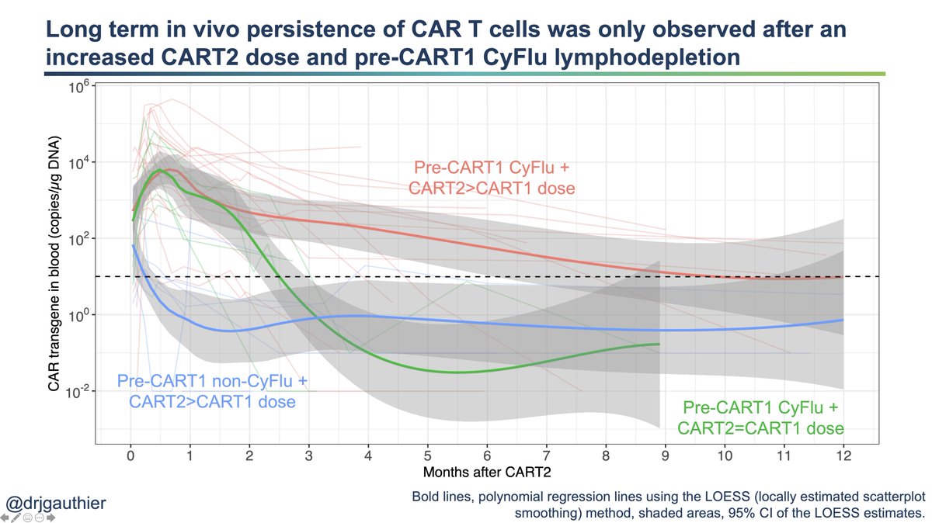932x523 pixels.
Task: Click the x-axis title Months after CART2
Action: point(486,471)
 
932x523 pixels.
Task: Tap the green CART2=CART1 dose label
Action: point(762,428)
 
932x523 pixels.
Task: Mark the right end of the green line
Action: point(659,344)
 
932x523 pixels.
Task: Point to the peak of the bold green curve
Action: point(159,170)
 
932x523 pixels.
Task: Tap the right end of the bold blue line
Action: point(843,320)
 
